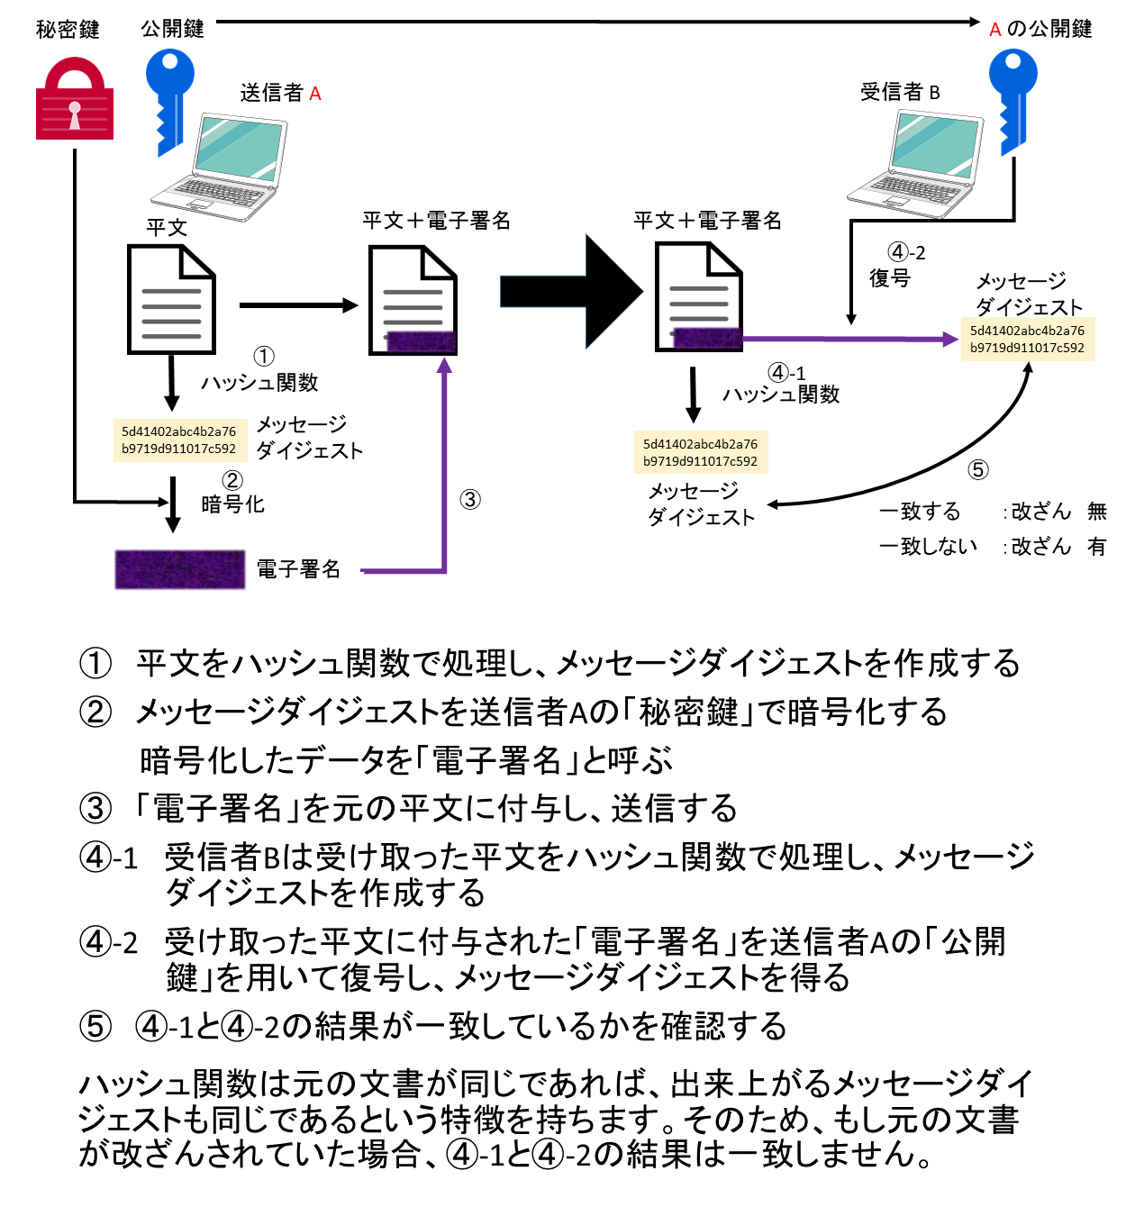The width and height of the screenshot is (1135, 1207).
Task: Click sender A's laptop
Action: point(220,167)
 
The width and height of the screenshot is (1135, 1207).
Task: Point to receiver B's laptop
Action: point(915,164)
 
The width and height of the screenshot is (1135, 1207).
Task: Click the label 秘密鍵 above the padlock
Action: point(68,29)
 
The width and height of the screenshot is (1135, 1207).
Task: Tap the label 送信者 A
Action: point(280,93)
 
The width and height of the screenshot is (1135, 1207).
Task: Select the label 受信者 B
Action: point(900,92)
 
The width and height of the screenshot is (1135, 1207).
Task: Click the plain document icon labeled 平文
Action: point(171,299)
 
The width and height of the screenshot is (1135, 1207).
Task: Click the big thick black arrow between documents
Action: point(571,292)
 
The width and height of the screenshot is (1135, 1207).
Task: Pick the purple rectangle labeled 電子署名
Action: point(180,569)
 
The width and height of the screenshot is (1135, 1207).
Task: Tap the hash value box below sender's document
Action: point(180,440)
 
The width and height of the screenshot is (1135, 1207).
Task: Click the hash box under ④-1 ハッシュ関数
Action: point(700,452)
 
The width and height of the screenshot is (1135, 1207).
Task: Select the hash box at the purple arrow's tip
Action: point(1028,339)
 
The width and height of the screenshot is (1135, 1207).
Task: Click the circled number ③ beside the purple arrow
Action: point(470,500)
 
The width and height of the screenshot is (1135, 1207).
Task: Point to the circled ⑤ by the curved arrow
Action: point(977,469)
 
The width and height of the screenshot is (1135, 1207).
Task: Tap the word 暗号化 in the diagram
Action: point(232,504)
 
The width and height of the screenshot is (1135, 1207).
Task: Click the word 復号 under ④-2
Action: point(890,277)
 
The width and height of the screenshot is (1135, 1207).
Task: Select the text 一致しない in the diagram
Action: point(928,546)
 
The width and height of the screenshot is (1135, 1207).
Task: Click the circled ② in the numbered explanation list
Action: point(95,712)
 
